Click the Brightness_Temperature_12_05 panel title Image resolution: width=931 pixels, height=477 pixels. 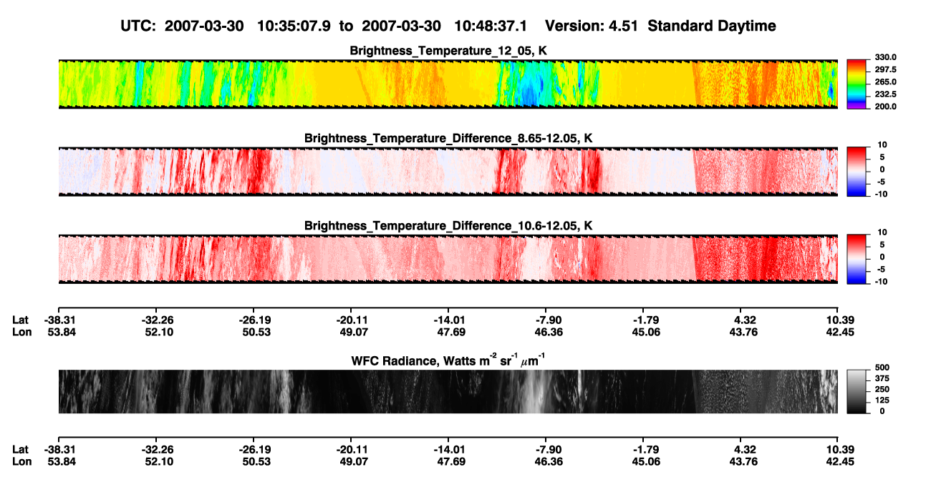point(448,51)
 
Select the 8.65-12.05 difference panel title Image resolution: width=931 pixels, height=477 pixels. point(448,138)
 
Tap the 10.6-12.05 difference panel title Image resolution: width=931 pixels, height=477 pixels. point(448,226)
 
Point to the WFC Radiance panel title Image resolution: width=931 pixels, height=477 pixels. point(448,360)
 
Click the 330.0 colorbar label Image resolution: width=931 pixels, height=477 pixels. point(885,57)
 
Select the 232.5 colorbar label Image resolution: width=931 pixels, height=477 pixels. point(885,94)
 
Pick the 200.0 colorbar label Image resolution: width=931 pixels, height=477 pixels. point(885,107)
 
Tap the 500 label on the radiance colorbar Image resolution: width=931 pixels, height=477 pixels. point(882,368)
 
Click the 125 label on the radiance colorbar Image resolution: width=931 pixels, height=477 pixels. point(882,400)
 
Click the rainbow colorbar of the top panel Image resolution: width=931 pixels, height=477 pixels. point(857,84)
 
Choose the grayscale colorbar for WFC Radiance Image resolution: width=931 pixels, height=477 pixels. point(857,391)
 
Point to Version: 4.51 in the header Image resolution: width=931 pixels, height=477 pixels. point(591,26)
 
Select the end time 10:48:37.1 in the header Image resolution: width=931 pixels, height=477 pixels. point(491,26)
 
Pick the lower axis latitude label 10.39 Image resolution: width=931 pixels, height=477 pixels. point(840,450)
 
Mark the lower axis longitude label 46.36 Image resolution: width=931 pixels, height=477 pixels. point(549,462)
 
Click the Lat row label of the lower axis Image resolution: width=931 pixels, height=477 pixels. point(20,450)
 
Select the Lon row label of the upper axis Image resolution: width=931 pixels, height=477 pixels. point(21,332)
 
